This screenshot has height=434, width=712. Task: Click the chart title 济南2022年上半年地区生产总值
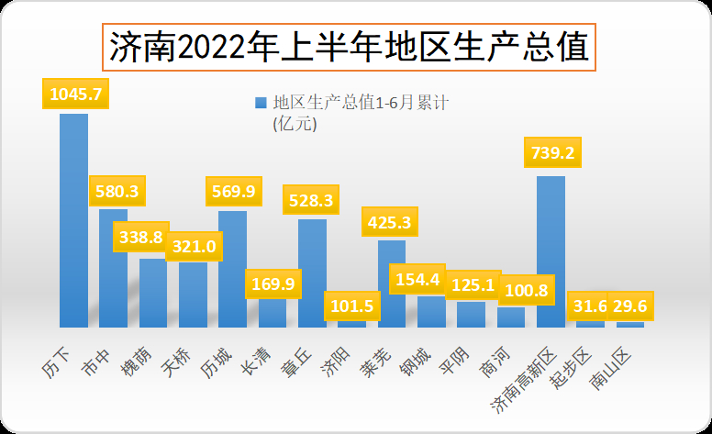click(349, 46)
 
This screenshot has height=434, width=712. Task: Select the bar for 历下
click(73, 220)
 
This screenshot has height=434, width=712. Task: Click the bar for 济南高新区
click(551, 251)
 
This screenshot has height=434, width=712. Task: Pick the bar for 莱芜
click(392, 284)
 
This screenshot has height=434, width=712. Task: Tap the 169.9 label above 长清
click(272, 284)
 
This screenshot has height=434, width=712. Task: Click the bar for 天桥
click(193, 294)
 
